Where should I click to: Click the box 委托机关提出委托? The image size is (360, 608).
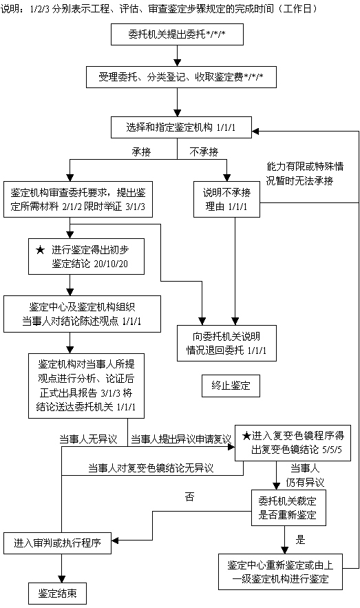point(177,34)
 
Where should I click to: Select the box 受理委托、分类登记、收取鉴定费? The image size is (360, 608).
point(181,77)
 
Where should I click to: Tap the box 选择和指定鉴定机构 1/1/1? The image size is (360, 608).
point(181,127)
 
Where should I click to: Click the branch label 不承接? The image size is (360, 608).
point(204,151)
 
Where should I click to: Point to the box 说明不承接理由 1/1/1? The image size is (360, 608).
point(226,199)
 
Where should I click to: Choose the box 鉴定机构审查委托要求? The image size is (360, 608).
point(78,199)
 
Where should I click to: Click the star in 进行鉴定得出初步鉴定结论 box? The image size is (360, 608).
point(40,250)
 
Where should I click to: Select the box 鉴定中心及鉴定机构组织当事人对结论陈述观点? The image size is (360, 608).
point(82,314)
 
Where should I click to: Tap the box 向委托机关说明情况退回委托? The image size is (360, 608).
point(226,343)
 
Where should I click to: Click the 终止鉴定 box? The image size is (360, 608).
point(231,386)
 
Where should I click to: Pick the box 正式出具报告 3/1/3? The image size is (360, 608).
point(86,386)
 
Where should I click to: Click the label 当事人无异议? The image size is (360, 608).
point(88,439)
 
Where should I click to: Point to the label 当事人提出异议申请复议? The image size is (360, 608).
point(181,439)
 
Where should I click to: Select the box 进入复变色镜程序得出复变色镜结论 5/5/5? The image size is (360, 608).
point(293,443)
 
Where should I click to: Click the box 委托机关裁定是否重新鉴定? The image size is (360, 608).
point(288,508)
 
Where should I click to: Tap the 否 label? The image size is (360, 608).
point(189,496)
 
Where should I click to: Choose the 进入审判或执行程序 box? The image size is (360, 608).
point(57,543)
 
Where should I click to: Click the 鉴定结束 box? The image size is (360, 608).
point(57,594)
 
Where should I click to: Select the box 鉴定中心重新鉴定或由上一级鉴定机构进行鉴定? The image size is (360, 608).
point(280,572)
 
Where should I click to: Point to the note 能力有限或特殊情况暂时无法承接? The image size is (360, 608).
point(304,174)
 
